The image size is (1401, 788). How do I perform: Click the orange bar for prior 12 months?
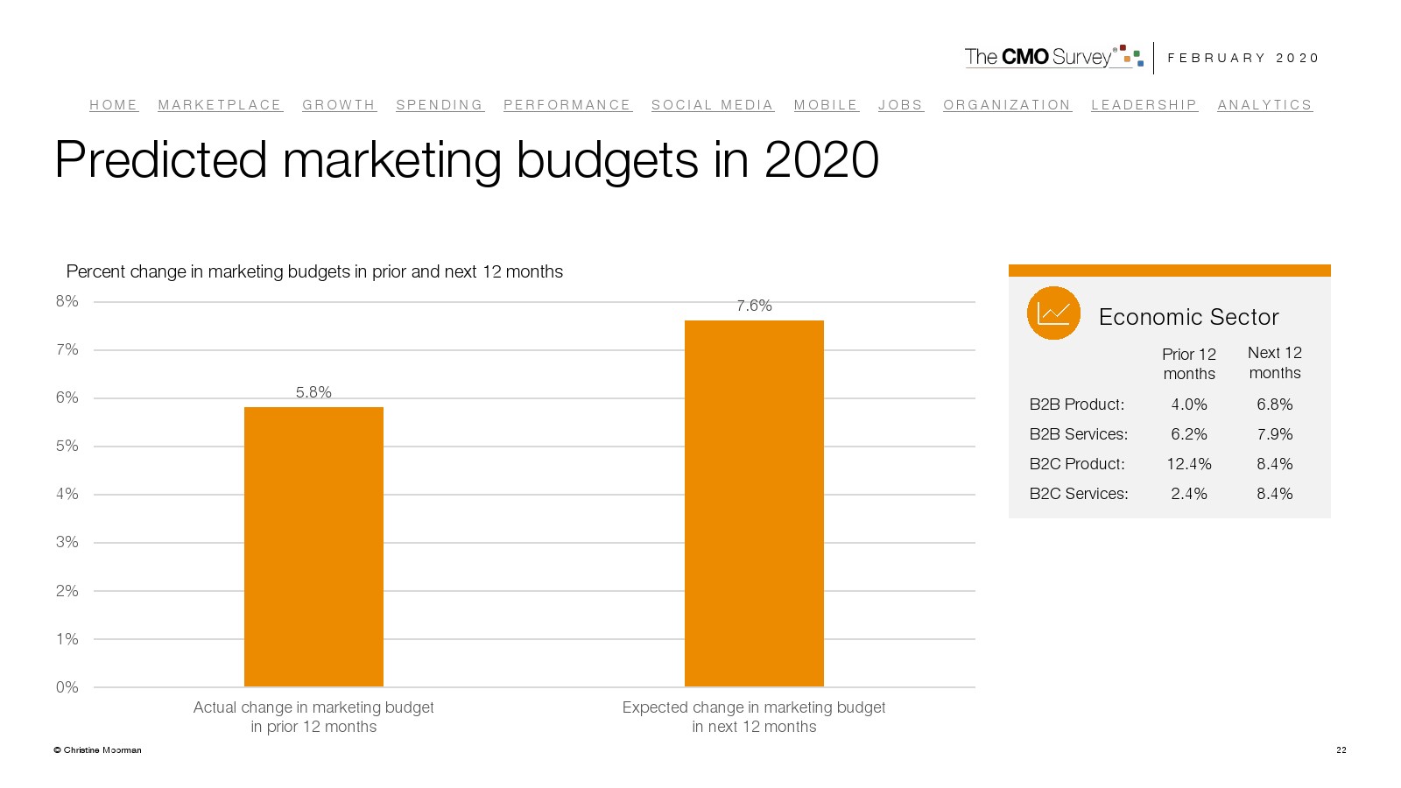pos(313,546)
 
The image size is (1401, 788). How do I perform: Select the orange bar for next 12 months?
pos(754,503)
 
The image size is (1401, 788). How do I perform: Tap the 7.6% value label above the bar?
pos(754,306)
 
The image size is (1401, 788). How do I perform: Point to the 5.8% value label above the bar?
pos(313,392)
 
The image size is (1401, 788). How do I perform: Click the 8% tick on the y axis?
pos(67,301)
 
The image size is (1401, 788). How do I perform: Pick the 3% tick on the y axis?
pos(67,542)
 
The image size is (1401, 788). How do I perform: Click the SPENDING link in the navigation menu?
pos(440,105)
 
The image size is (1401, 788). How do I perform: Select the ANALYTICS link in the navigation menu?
pos(1264,105)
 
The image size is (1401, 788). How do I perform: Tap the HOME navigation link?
pos(114,105)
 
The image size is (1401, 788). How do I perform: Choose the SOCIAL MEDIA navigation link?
pos(713,105)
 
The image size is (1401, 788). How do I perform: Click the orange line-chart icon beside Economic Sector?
pos(1053,313)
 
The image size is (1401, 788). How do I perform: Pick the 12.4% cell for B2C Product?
pos(1189,464)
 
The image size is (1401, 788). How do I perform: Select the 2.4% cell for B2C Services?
pos(1189,494)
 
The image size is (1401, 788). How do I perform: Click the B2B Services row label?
pos(1079,434)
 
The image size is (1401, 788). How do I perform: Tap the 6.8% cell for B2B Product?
pos(1275,405)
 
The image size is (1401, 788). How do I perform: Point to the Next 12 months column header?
pos(1275,362)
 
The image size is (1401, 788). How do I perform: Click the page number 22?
pos(1341,749)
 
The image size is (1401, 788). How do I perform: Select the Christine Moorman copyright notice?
pos(97,749)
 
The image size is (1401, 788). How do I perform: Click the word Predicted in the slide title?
pos(161,160)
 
